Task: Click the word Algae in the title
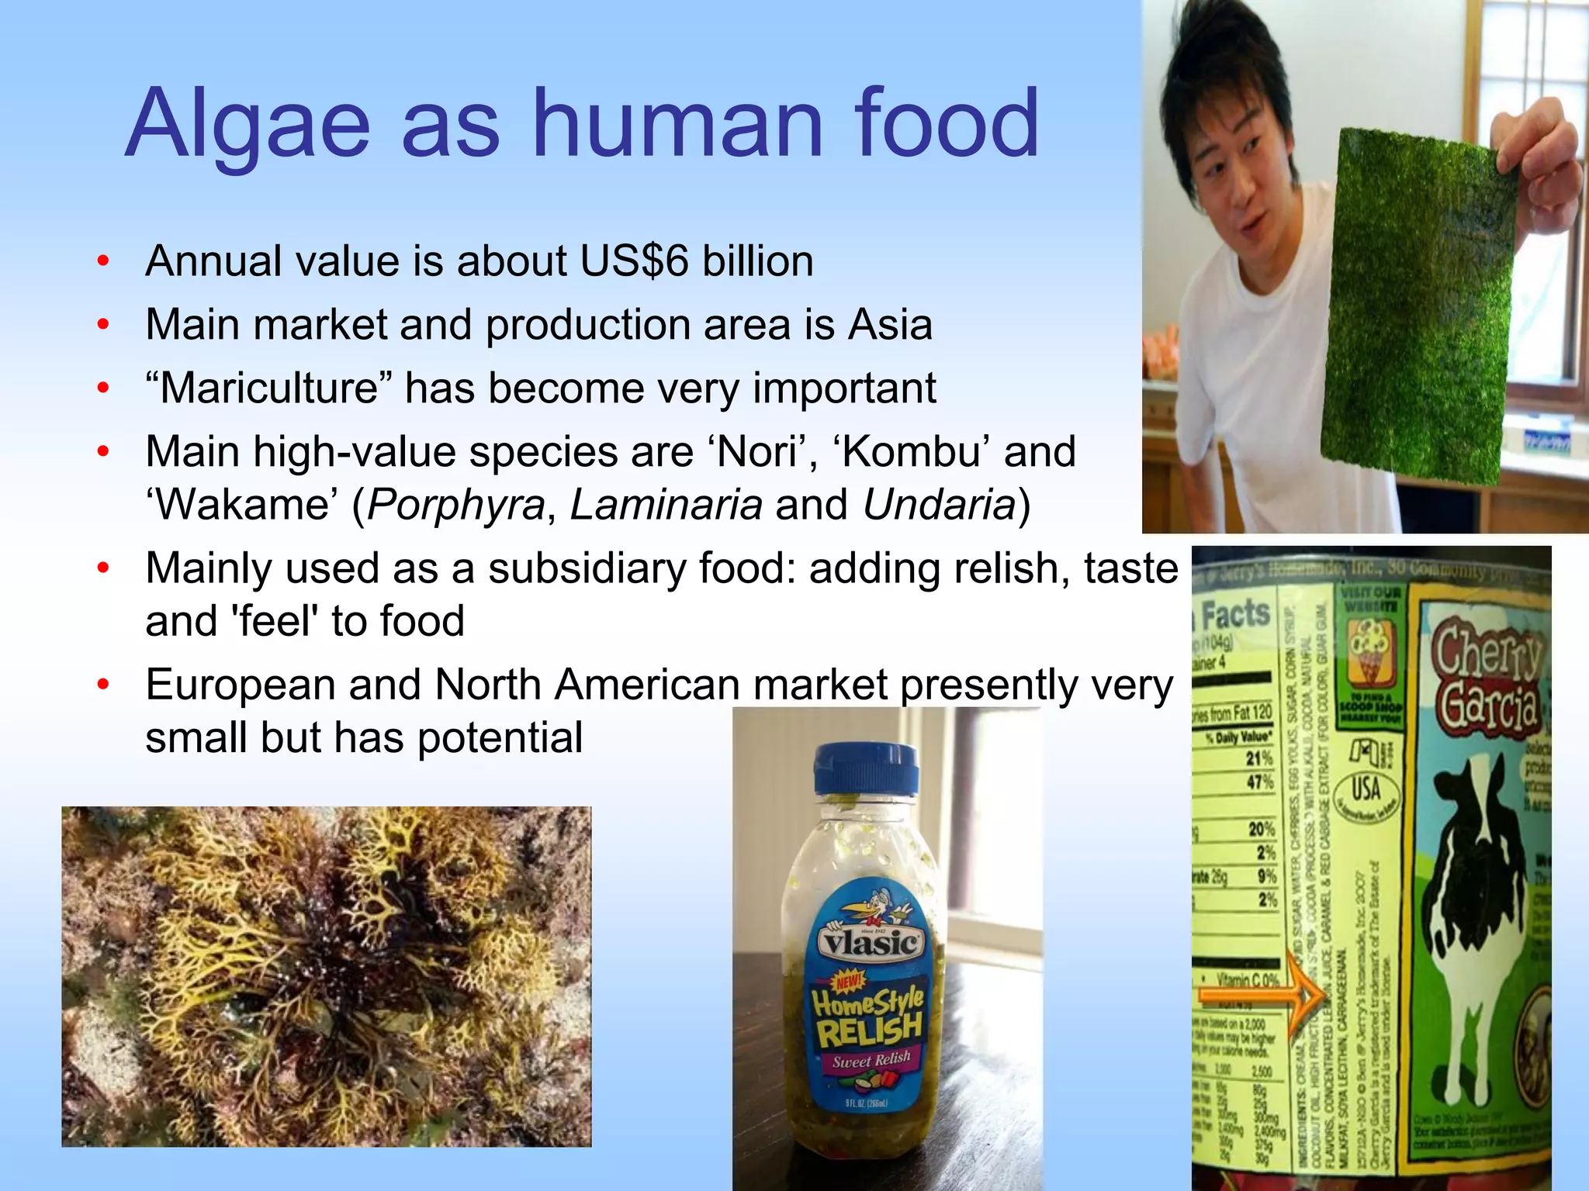point(247,124)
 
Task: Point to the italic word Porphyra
point(455,505)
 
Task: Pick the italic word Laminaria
point(666,505)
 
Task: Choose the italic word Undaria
point(939,505)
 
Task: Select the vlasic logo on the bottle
point(870,943)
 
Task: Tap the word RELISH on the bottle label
point(869,1030)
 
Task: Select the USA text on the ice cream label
point(1366,789)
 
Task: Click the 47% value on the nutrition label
point(1259,782)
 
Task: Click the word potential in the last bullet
point(500,737)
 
